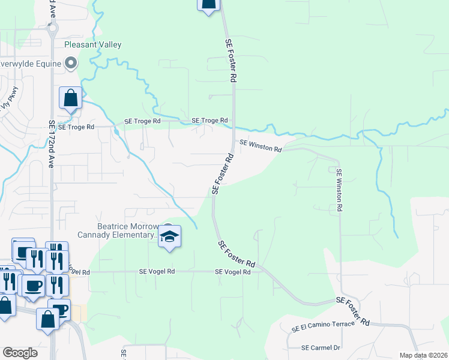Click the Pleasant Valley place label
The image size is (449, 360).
[93, 45]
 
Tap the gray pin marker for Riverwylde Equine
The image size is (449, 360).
[71, 63]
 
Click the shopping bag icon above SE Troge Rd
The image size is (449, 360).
[71, 98]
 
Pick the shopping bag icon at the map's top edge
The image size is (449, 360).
[208, 5]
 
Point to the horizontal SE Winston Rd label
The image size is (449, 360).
[261, 145]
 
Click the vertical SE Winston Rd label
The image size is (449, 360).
[339, 189]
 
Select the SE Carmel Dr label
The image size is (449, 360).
[321, 347]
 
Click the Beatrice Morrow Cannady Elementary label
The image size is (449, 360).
[117, 230]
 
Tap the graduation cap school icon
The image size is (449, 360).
[170, 237]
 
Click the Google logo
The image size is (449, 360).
[20, 353]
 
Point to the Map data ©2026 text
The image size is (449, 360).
[423, 355]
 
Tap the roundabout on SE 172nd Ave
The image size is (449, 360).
[52, 26]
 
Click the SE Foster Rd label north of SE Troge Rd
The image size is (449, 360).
[231, 61]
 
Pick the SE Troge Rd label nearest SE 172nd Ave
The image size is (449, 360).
[76, 127]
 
